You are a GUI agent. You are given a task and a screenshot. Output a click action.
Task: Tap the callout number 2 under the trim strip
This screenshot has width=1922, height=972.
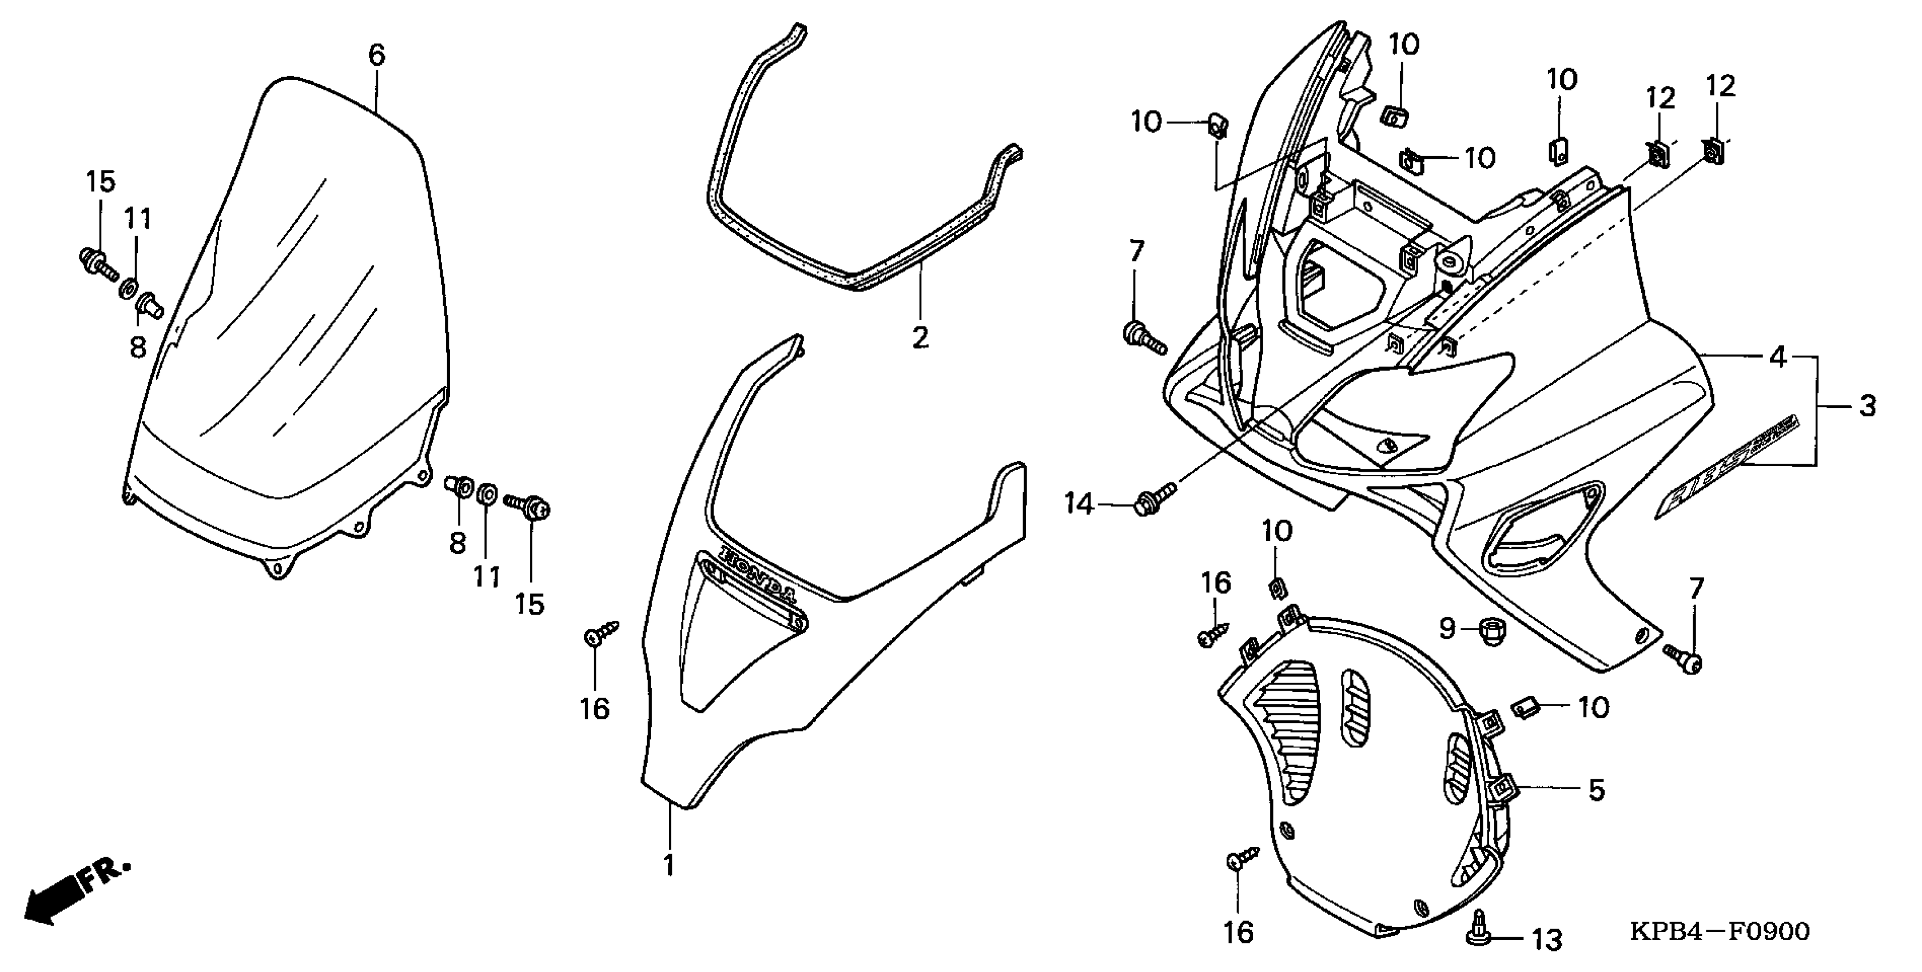920,337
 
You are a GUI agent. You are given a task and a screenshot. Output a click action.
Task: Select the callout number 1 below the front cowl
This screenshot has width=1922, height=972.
669,865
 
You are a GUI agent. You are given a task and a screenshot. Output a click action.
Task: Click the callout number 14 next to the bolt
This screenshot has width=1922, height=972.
1079,504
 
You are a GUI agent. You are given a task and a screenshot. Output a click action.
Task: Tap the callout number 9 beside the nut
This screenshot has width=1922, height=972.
1447,629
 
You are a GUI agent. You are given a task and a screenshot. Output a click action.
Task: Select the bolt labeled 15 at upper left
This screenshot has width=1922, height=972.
98,264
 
